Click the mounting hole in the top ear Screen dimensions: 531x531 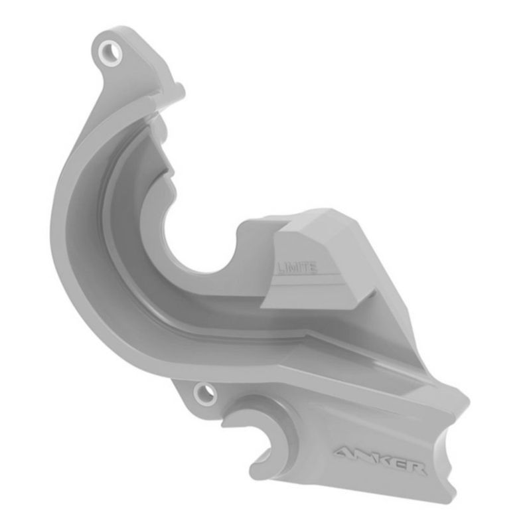pyautogui.click(x=110, y=53)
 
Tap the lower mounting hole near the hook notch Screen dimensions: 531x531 pyautogui.click(x=205, y=394)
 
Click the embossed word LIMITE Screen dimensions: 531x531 pyautogui.click(x=297, y=268)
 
